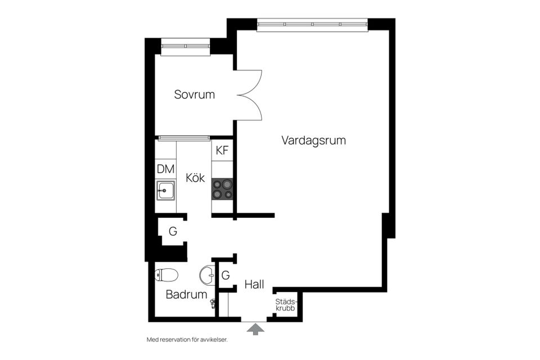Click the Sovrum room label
194,94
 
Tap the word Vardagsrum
313,141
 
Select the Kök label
195,178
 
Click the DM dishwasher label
165,168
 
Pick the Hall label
254,285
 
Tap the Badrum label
186,294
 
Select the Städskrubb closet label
286,304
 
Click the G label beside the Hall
226,276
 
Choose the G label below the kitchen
173,231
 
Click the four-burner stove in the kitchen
222,188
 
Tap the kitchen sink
166,191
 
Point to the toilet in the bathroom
166,275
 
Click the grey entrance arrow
255,330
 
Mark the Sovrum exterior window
186,46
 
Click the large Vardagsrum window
313,24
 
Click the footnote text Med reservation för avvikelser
187,340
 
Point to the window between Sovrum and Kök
183,137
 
